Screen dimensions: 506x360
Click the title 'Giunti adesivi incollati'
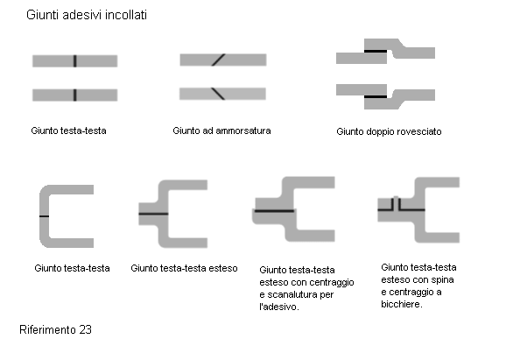coord(87,15)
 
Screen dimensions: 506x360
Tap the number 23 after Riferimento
coord(85,329)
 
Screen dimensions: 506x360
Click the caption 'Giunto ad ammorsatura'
coord(221,131)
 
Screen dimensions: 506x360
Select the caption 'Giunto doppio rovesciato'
coord(389,131)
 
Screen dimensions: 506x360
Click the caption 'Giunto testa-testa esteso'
coord(184,268)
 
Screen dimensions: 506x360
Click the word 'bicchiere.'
coord(402,304)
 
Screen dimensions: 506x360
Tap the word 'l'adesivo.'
coord(279,307)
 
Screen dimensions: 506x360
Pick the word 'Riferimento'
coord(47,329)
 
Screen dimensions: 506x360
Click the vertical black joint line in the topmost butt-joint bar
coord(75,61)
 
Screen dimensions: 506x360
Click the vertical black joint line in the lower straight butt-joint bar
coord(75,95)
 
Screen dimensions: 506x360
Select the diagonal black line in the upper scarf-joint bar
coord(219,60)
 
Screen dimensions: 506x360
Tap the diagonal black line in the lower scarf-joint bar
coord(218,94)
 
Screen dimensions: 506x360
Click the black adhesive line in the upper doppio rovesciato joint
coord(376,51)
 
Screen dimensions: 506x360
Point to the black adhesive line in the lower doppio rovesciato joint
coord(376,96)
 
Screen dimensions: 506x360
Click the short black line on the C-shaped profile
coord(45,216)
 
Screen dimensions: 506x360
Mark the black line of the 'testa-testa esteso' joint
coord(153,214)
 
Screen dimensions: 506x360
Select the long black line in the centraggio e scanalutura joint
coord(274,211)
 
